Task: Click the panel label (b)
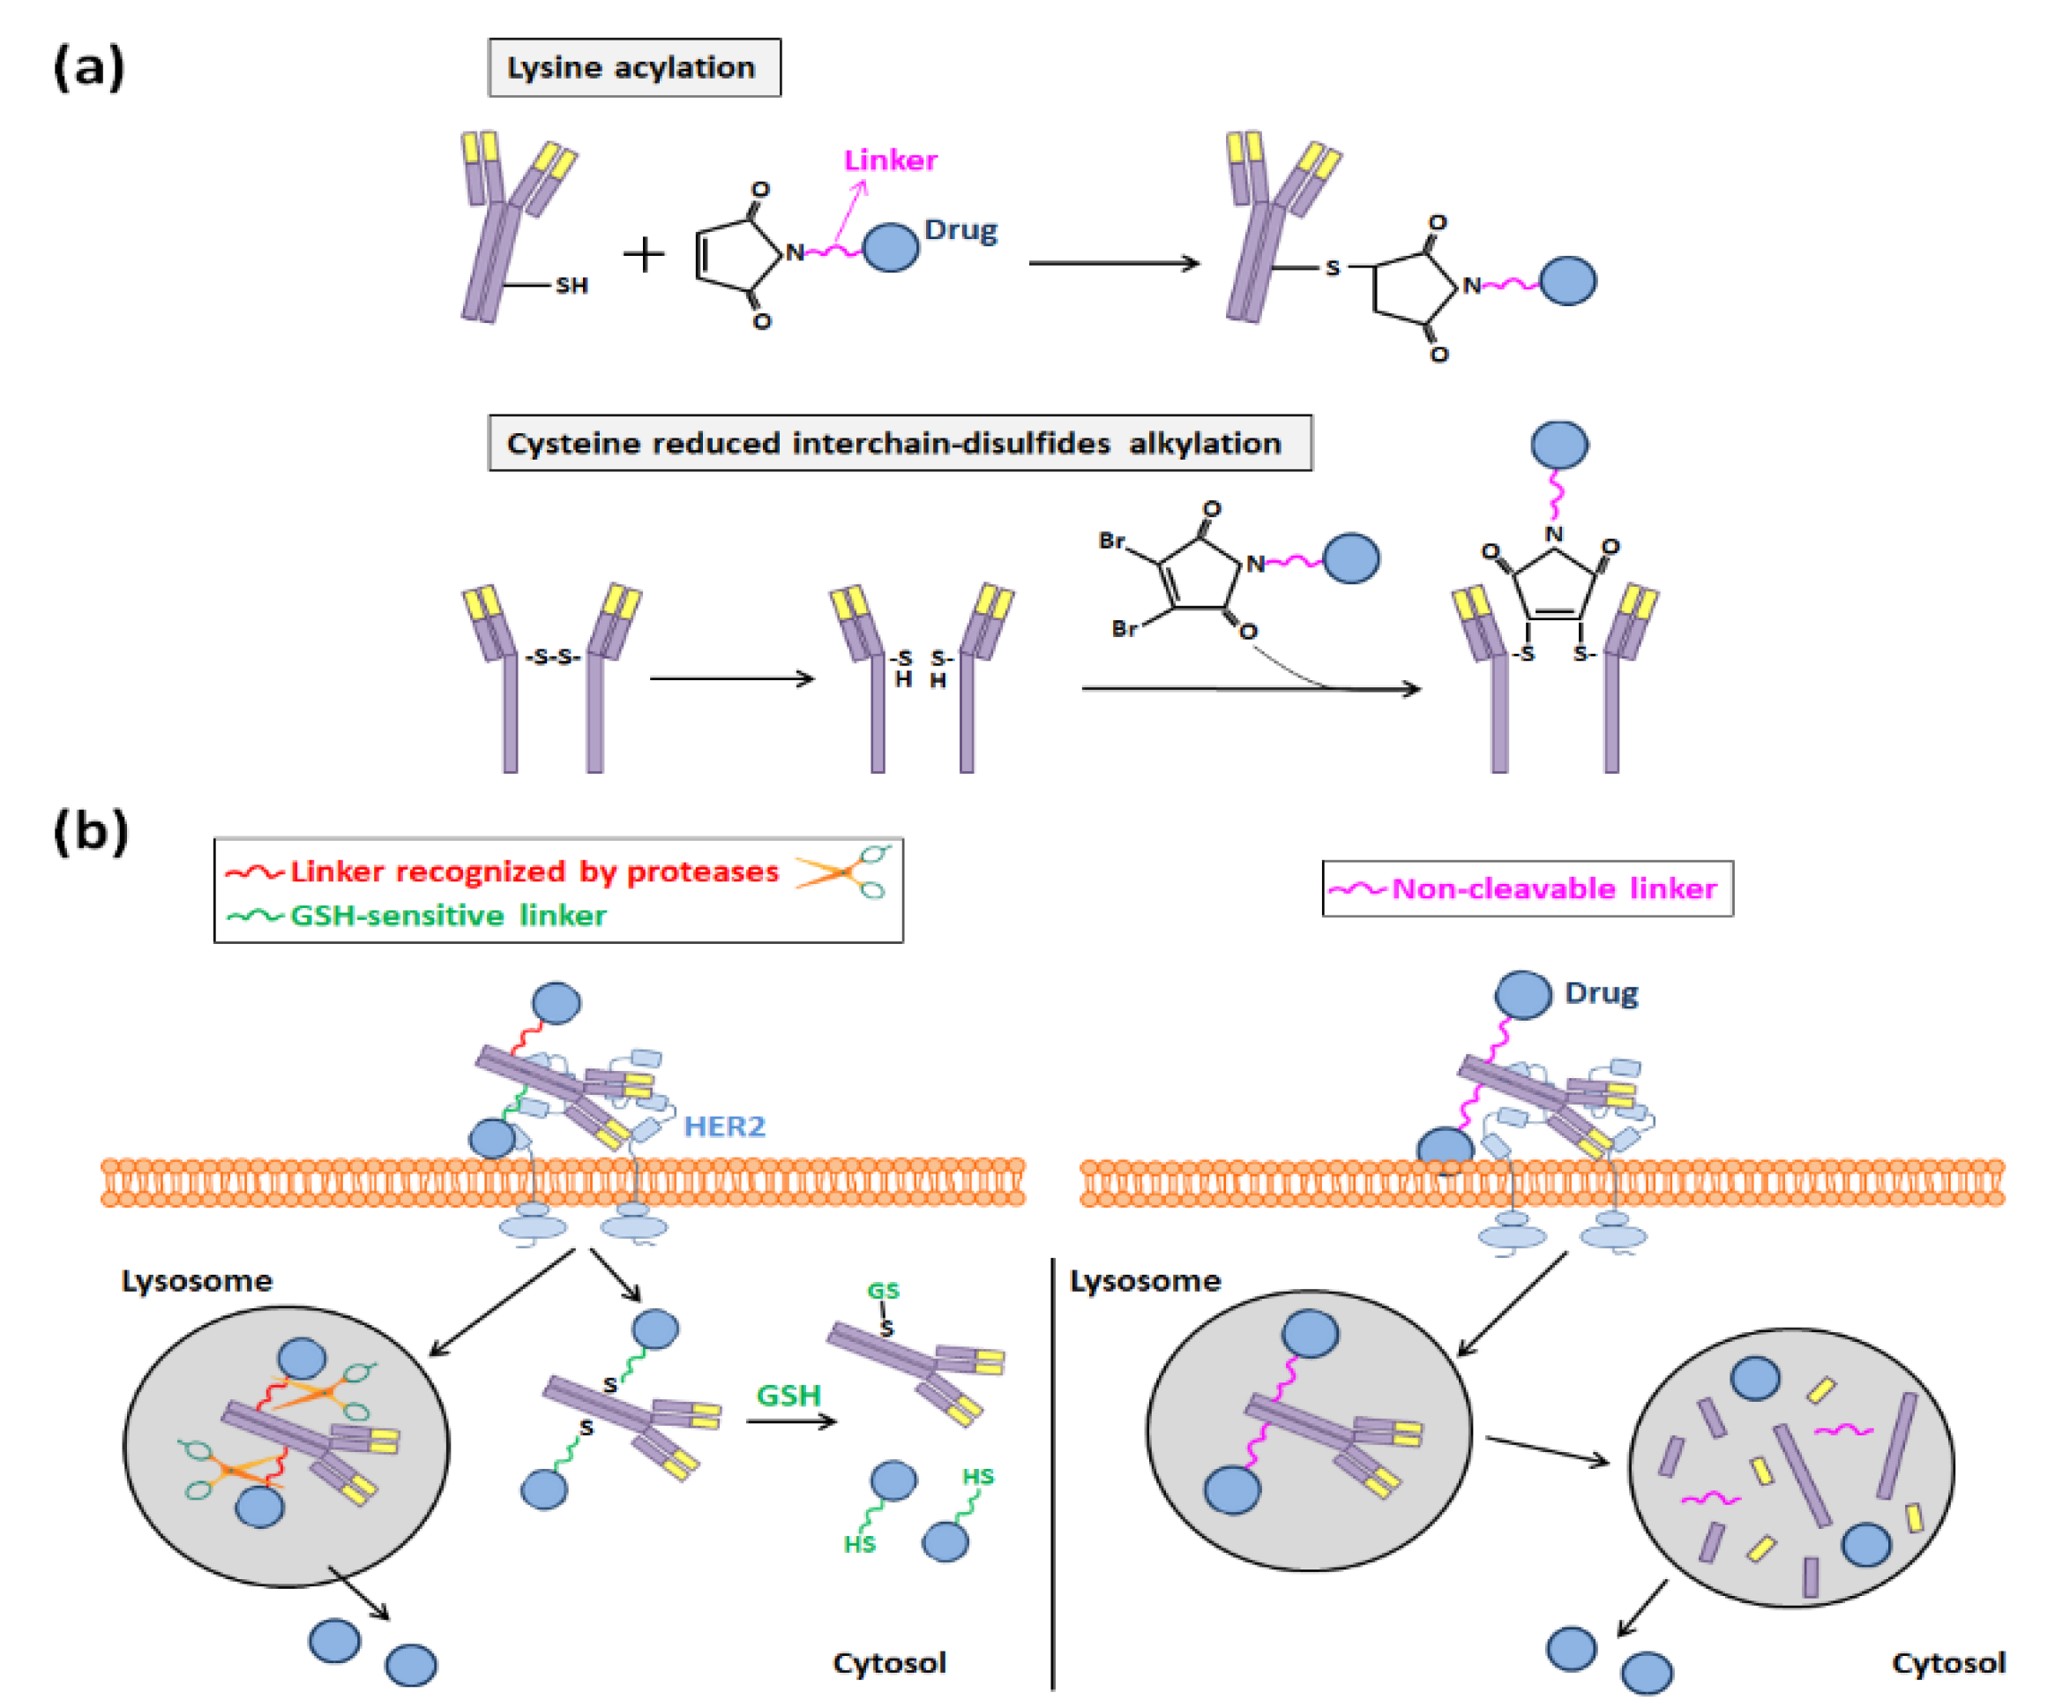(x=90, y=832)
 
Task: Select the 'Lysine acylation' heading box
(x=634, y=68)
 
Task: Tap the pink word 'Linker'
(x=890, y=160)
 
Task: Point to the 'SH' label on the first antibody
(x=572, y=286)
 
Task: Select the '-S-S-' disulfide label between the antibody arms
(x=553, y=656)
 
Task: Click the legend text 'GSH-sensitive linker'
(x=448, y=915)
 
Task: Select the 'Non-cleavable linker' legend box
(x=1527, y=888)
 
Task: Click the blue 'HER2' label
(x=724, y=1127)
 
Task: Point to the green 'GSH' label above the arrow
(x=788, y=1395)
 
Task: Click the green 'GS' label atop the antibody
(x=883, y=1291)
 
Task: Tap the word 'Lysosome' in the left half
(x=197, y=1281)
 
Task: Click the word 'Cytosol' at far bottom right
(x=1947, y=1663)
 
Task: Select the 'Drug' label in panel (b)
(x=1601, y=993)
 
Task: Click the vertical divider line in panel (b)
(x=1053, y=1468)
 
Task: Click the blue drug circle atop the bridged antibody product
(x=1558, y=445)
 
